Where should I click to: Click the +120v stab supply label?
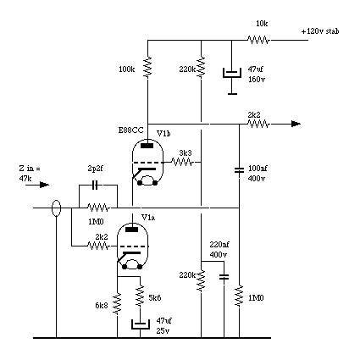[320, 31]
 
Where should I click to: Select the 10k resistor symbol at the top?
[258, 40]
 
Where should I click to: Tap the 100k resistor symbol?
[147, 67]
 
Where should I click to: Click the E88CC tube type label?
[130, 130]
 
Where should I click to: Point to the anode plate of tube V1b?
[147, 146]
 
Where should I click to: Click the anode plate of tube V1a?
[131, 230]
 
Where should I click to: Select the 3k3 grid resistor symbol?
[182, 162]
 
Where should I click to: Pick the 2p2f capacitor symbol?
[96, 186]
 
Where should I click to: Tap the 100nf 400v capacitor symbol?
[239, 170]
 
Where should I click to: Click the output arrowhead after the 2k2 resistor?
[296, 124]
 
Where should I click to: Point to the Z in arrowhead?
[44, 185]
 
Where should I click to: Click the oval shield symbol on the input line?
[57, 208]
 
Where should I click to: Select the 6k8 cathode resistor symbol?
[117, 303]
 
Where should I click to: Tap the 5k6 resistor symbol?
[140, 296]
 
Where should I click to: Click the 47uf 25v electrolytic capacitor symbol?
[140, 324]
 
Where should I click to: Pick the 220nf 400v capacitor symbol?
[224, 277]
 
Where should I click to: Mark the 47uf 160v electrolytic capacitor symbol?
[232, 73]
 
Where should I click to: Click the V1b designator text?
[163, 133]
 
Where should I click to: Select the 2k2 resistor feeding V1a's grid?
[98, 246]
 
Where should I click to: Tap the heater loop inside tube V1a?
[131, 264]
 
